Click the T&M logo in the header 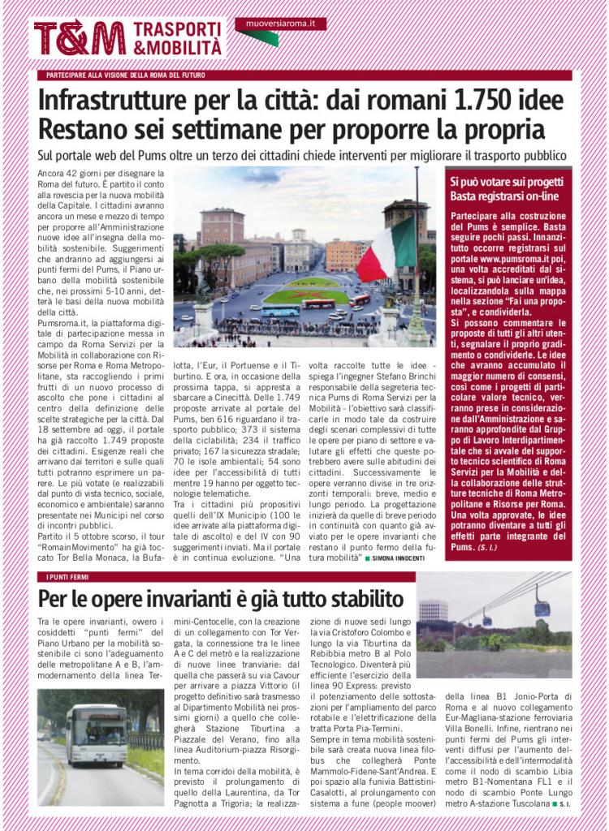coord(80,38)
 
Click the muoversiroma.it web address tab coord(280,24)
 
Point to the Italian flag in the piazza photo coord(387,248)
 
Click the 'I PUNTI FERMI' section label coord(64,576)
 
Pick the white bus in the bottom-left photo coord(96,734)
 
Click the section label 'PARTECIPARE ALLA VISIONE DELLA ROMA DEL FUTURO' coord(126,75)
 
